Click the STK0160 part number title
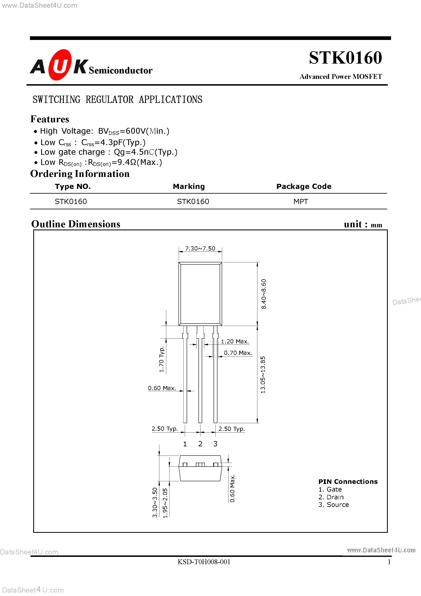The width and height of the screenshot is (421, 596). [345, 58]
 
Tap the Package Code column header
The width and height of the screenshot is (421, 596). [304, 186]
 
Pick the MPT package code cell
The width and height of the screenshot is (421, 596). [301, 201]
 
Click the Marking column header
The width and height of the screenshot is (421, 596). [189, 186]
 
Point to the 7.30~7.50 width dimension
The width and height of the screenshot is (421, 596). [200, 248]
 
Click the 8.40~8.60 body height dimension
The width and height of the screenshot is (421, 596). [263, 294]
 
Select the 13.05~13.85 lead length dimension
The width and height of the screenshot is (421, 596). [263, 375]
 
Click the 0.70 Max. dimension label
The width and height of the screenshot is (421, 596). [238, 353]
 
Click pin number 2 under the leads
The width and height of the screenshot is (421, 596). [200, 444]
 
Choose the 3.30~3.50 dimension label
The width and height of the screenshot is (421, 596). [155, 502]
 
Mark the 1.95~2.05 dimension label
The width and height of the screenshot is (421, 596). [165, 503]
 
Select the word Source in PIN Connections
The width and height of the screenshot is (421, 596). [338, 505]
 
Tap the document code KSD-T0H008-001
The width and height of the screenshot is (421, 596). [204, 562]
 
